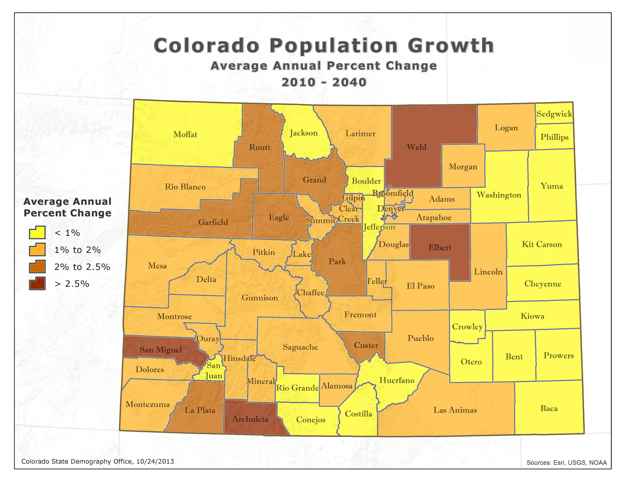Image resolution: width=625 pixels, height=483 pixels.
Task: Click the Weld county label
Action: tap(416, 147)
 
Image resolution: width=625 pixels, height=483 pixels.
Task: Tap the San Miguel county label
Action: tap(161, 350)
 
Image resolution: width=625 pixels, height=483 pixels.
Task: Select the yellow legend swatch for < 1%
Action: tap(37, 233)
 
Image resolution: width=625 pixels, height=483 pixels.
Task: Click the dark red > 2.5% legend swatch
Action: tap(37, 283)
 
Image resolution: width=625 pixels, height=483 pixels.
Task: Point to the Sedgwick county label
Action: tap(554, 114)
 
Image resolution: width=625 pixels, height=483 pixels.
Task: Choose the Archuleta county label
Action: tap(250, 419)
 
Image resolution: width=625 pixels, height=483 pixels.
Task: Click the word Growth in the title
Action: tap(451, 46)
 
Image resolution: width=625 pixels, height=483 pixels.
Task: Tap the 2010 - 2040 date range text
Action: tap(324, 82)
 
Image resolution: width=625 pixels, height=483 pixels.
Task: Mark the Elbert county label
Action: tap(439, 248)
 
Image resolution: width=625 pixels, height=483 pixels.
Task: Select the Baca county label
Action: tap(549, 408)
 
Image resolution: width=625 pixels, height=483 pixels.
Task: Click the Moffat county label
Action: tap(185, 134)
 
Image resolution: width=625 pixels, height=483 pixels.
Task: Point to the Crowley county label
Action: tap(467, 327)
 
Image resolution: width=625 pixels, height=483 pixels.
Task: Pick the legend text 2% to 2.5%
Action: tap(82, 267)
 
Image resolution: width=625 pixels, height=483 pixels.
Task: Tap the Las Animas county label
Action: tap(455, 410)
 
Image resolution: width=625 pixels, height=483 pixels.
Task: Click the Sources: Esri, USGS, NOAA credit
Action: tap(566, 463)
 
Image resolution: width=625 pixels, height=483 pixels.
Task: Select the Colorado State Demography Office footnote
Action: tap(98, 462)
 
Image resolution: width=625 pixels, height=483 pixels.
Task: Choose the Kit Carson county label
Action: tap(542, 244)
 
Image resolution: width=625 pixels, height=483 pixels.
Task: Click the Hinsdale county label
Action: tap(239, 358)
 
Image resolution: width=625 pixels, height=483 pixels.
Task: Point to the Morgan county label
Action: tap(463, 167)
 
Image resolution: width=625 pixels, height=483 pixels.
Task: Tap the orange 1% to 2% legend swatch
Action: tap(37, 250)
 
